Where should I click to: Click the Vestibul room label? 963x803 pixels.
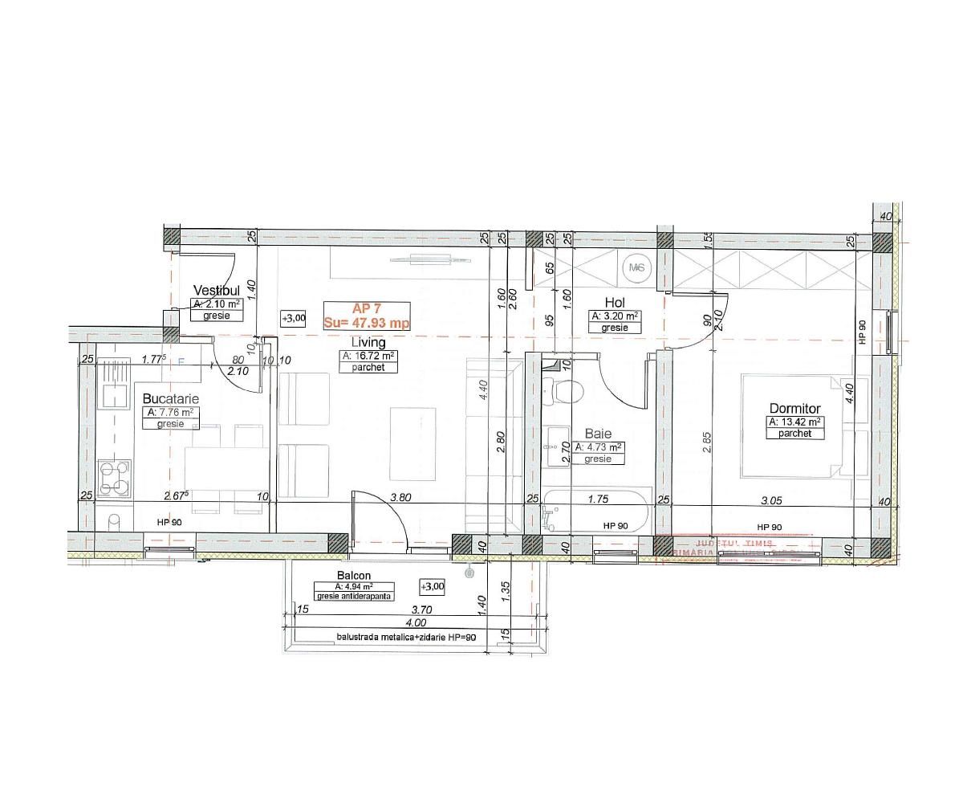click(217, 290)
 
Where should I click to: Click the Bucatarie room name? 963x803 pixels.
click(171, 398)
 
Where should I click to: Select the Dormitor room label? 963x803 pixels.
click(794, 409)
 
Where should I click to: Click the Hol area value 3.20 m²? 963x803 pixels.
click(615, 316)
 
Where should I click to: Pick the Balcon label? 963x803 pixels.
click(354, 576)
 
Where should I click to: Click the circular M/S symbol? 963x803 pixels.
click(638, 267)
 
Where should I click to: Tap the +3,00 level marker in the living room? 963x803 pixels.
click(294, 319)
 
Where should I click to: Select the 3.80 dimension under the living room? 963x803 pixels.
click(400, 498)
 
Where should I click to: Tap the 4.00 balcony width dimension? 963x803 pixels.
click(416, 623)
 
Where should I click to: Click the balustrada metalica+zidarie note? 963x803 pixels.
click(406, 638)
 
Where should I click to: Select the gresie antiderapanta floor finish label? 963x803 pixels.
click(355, 597)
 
